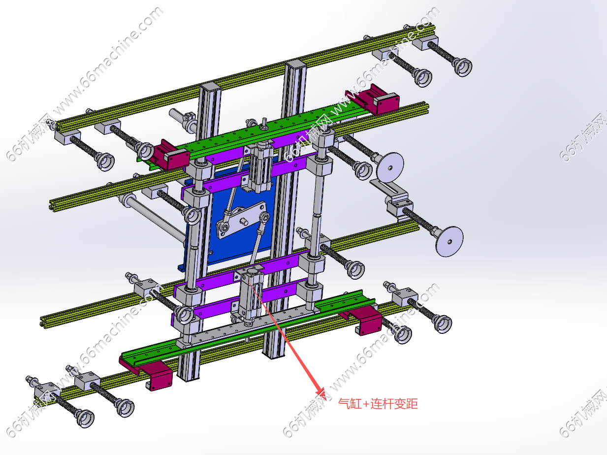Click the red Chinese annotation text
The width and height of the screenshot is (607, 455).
pyautogui.click(x=378, y=404)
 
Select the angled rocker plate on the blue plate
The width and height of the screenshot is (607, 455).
pyautogui.click(x=241, y=219)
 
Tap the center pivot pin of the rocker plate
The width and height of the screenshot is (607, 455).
pyautogui.click(x=243, y=222)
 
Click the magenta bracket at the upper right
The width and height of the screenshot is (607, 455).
pyautogui.click(x=373, y=99)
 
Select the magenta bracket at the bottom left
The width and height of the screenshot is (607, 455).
pyautogui.click(x=149, y=373)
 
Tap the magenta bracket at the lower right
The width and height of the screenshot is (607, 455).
pyautogui.click(x=363, y=320)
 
